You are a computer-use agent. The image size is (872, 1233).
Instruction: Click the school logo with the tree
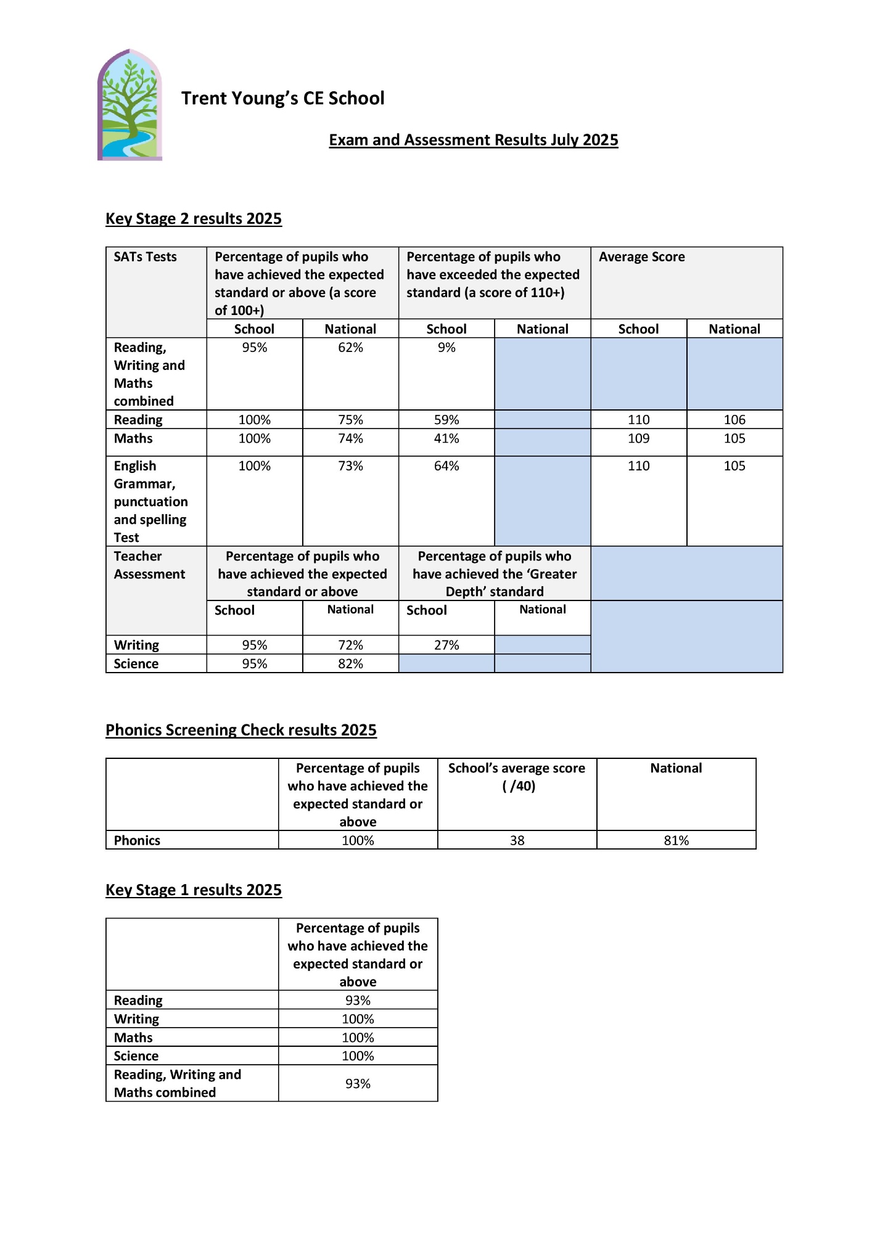click(x=130, y=105)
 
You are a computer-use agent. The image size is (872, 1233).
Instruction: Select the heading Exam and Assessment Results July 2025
click(x=473, y=140)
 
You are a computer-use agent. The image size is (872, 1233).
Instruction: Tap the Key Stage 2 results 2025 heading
click(x=194, y=219)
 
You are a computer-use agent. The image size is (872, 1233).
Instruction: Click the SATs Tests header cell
click(x=145, y=257)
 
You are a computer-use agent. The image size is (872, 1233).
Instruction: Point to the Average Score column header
click(x=641, y=257)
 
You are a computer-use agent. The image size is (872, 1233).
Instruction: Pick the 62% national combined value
click(x=350, y=348)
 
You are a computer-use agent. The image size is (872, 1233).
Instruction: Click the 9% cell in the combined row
click(x=446, y=348)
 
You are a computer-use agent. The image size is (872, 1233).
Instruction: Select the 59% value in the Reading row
click(x=446, y=420)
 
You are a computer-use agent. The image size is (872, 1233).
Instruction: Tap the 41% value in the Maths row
click(x=446, y=438)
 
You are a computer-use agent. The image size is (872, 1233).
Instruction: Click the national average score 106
click(x=734, y=420)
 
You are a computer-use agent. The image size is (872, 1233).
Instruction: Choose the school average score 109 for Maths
click(x=638, y=438)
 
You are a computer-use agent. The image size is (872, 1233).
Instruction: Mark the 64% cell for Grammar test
click(x=446, y=466)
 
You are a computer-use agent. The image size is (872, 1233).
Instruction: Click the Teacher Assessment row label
click(x=149, y=565)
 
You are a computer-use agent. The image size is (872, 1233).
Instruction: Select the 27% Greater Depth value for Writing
click(x=446, y=645)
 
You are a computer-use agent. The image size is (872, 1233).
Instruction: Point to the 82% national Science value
click(x=350, y=664)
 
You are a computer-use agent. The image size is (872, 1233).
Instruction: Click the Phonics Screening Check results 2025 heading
click(x=241, y=730)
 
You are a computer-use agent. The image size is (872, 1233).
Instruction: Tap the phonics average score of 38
click(x=517, y=840)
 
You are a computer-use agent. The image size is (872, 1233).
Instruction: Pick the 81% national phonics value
click(x=676, y=840)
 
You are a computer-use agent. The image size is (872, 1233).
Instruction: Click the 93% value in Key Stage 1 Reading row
click(x=358, y=1000)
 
